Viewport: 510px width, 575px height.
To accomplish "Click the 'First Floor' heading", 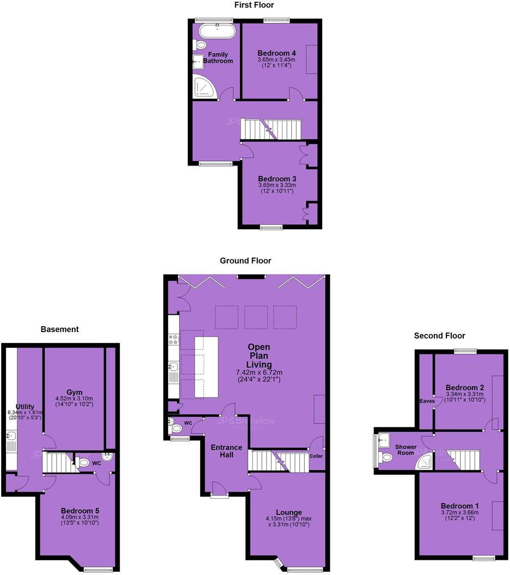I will tap(254, 5).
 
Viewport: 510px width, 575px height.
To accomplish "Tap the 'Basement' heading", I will tap(60, 329).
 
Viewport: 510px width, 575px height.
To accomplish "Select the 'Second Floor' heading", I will tap(440, 335).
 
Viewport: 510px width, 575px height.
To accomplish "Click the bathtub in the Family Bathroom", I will tap(217, 30).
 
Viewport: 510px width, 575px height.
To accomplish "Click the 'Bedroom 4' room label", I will tap(276, 53).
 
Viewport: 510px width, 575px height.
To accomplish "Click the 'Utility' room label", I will tap(25, 406).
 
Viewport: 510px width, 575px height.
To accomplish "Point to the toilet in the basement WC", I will tap(83, 463).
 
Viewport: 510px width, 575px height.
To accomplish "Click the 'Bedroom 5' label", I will tap(79, 510).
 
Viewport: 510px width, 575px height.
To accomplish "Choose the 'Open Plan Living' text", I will tap(259, 356).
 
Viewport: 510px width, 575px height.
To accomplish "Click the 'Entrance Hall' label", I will tap(226, 450).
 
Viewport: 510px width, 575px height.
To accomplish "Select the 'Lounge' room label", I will tap(289, 512).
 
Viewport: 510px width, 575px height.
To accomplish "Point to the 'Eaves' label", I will tap(427, 401).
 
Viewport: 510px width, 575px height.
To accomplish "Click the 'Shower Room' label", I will tap(406, 450).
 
